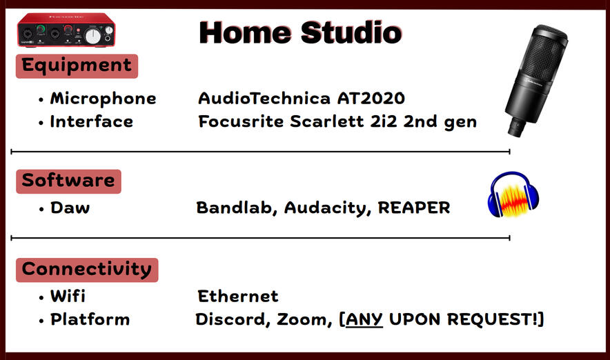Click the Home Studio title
(x=300, y=32)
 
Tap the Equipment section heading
(x=77, y=66)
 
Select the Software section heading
(x=68, y=181)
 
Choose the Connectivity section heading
(x=87, y=270)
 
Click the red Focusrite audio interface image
(x=66, y=30)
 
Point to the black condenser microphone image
(x=535, y=81)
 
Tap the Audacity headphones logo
(x=513, y=194)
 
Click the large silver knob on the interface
(x=92, y=36)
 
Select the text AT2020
(x=371, y=99)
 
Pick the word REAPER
(x=414, y=208)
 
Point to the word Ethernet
(x=238, y=297)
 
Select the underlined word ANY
(x=364, y=319)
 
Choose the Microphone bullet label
(x=103, y=99)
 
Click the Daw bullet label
(x=70, y=208)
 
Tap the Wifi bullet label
(x=68, y=297)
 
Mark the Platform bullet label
(x=90, y=319)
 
